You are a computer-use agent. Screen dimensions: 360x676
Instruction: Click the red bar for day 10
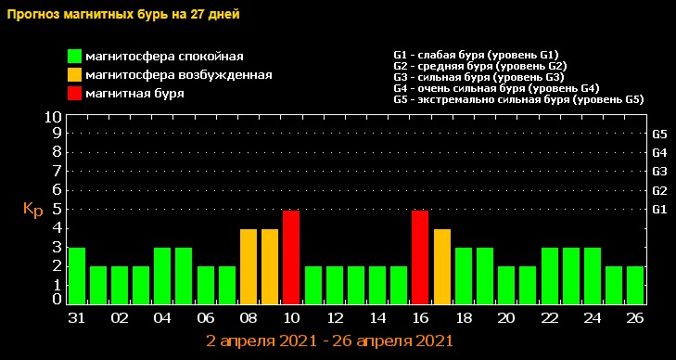click(291, 257)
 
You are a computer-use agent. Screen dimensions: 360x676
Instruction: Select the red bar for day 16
click(420, 257)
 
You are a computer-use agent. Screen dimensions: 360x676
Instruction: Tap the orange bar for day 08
click(249, 266)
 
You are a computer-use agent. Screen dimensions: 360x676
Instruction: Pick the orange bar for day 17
click(442, 266)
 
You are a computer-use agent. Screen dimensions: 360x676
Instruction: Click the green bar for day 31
click(76, 276)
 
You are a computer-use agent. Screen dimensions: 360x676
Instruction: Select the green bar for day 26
click(635, 285)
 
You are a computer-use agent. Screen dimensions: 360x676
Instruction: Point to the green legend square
click(74, 58)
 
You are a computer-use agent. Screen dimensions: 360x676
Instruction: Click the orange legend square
click(74, 75)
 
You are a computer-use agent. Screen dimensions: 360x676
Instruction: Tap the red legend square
click(74, 93)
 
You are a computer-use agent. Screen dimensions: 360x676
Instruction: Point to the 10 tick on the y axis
click(53, 118)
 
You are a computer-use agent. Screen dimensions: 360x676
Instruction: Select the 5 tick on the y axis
click(57, 209)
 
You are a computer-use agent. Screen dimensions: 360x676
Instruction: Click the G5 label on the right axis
click(660, 134)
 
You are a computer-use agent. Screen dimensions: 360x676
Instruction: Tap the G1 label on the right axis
click(660, 210)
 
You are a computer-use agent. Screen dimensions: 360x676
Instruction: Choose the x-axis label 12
click(312, 316)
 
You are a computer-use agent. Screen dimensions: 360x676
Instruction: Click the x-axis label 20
click(506, 316)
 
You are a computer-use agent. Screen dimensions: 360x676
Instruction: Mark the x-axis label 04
click(162, 316)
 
